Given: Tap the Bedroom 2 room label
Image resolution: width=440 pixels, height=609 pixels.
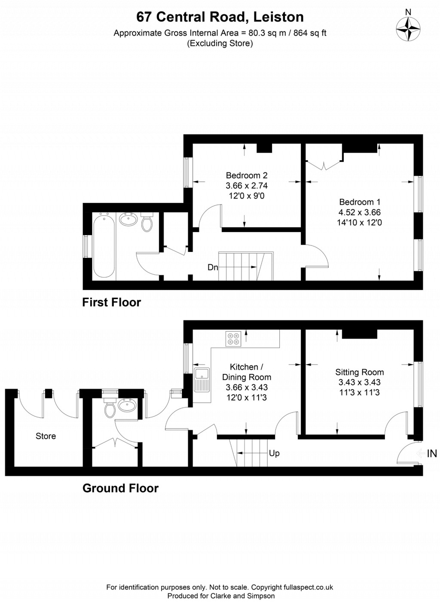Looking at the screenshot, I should (x=247, y=175).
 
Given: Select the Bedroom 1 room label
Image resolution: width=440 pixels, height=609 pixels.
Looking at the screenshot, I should (x=359, y=202).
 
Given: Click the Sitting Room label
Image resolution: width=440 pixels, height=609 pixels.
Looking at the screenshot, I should (x=359, y=372).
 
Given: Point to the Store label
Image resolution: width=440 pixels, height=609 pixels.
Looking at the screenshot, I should (x=46, y=436).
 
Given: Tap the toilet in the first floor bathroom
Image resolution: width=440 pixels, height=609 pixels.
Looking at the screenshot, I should (x=147, y=222).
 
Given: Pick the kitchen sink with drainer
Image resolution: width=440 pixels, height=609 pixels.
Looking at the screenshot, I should (x=201, y=379).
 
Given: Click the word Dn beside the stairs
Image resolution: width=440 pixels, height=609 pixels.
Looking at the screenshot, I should (x=213, y=267).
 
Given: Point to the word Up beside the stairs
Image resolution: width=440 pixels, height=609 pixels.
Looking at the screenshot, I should (x=274, y=453).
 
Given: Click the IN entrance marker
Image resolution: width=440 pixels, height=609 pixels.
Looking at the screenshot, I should (x=431, y=453).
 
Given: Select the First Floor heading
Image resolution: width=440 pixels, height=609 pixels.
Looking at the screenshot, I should (x=111, y=303).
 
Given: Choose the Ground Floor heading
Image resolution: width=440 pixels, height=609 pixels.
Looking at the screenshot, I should (x=120, y=488).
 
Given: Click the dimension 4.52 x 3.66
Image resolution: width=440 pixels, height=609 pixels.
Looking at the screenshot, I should (x=359, y=212).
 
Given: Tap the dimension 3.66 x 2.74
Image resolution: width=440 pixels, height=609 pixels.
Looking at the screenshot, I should (x=247, y=186).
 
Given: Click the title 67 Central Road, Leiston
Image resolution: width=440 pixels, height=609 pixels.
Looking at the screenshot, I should (x=220, y=17).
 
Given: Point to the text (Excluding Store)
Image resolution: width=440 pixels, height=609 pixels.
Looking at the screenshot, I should (x=220, y=43).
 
